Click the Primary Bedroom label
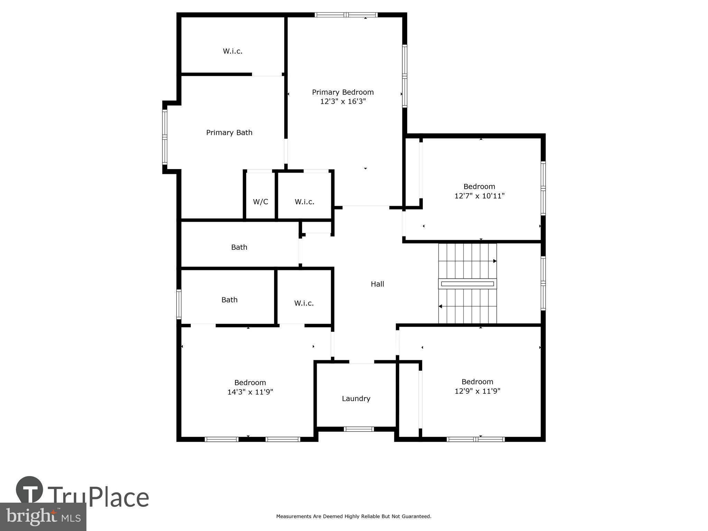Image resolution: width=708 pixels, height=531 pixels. pos(343,92)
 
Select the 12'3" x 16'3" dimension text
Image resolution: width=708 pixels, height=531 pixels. pos(343,102)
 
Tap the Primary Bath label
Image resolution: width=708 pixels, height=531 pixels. pos(229,133)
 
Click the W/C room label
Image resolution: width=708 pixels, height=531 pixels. pos(260,202)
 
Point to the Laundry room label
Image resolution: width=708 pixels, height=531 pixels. pos(356,399)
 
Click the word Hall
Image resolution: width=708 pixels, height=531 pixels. pos(377,284)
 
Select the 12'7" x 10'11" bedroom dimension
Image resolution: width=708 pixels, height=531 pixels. pos(479,196)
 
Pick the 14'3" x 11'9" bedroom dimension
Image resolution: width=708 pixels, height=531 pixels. pos(250,392)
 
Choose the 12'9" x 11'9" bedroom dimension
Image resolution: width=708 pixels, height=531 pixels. pos(477,391)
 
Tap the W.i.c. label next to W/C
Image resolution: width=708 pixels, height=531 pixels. pos(304,202)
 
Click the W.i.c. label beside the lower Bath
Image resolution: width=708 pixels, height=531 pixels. pos(304,304)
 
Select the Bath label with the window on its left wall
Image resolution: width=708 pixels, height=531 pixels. pos(229,300)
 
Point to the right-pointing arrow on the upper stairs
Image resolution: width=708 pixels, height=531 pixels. pos(495,261)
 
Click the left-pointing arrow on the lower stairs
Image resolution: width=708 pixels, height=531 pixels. pos(440,306)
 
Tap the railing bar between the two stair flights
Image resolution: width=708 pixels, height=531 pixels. pos(467,284)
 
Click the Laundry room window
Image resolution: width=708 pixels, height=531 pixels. pos(359,429)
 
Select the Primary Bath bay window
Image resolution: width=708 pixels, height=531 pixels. pos(165,137)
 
